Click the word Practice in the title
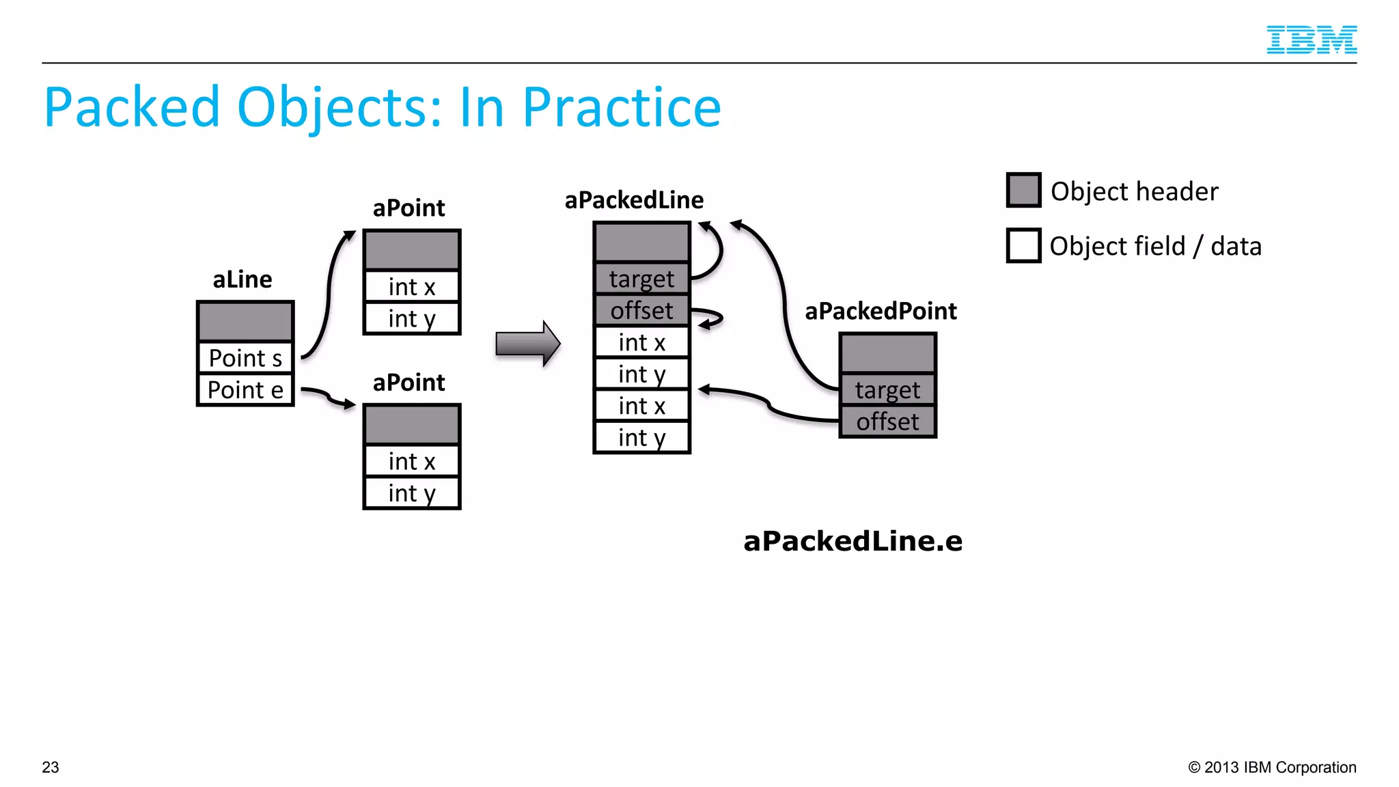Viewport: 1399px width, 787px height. (x=621, y=108)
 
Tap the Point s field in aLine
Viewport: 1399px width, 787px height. (x=245, y=358)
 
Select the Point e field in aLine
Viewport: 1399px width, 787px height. (x=245, y=390)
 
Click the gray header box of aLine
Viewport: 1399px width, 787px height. (x=245, y=321)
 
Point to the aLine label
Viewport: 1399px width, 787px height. (x=242, y=279)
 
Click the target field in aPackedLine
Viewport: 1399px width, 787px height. (x=641, y=279)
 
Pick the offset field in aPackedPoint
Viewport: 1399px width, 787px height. (x=887, y=422)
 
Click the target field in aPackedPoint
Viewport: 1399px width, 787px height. (x=887, y=390)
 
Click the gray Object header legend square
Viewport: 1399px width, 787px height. (x=1023, y=190)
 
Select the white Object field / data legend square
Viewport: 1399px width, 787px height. (x=1023, y=245)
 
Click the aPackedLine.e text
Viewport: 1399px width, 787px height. (x=853, y=541)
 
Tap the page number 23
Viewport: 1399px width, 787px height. (x=51, y=767)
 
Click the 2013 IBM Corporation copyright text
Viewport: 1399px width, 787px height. (x=1272, y=767)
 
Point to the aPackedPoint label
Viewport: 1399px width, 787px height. (x=881, y=312)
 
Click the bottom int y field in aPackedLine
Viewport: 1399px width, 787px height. (x=641, y=437)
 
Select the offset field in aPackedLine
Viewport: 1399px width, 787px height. (x=641, y=311)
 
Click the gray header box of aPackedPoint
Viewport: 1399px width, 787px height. (x=887, y=353)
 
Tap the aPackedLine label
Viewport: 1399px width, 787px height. (x=634, y=200)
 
